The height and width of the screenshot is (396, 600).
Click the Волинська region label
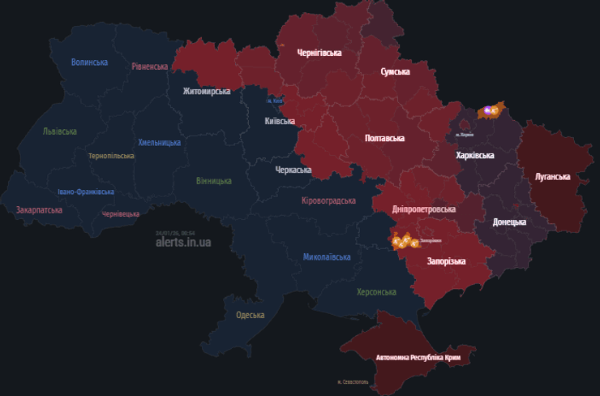(x=89, y=62)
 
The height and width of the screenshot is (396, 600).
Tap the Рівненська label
(x=150, y=67)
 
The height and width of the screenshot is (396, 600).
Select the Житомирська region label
(x=206, y=92)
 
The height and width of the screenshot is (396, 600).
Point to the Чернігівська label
(x=319, y=53)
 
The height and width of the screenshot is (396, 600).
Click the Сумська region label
(x=396, y=72)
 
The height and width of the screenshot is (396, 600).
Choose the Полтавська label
(x=384, y=139)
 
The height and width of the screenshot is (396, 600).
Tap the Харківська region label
(x=475, y=155)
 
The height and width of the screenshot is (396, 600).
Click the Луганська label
(x=552, y=176)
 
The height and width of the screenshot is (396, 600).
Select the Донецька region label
(x=509, y=222)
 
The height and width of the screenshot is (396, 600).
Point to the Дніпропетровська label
(x=424, y=209)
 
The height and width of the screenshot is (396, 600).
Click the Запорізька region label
(x=447, y=261)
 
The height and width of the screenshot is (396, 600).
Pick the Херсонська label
(x=376, y=291)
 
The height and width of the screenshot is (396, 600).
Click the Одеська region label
(x=250, y=315)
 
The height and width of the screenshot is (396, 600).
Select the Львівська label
(x=60, y=131)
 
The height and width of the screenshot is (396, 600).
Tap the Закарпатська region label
(x=39, y=209)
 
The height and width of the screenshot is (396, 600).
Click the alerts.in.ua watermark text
(x=183, y=242)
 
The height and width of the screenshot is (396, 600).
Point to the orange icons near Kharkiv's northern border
(x=491, y=110)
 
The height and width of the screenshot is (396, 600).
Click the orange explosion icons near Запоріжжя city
(x=404, y=241)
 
